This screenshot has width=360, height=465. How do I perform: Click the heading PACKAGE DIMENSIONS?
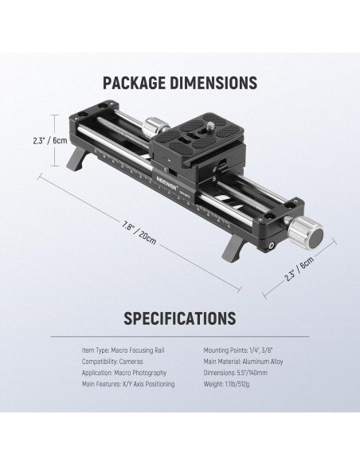(x=180, y=83)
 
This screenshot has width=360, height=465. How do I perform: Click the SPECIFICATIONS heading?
(x=180, y=318)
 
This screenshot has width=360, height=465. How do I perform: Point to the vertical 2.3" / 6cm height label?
(x=50, y=140)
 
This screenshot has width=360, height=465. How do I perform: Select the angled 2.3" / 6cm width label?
(x=299, y=268)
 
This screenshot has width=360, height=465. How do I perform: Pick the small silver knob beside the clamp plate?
(x=153, y=127)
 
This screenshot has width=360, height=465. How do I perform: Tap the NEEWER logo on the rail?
(x=167, y=183)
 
